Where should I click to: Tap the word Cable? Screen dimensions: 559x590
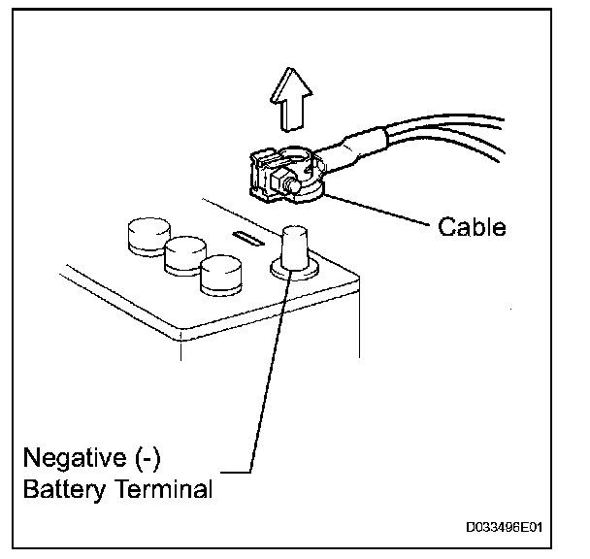[472, 228]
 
